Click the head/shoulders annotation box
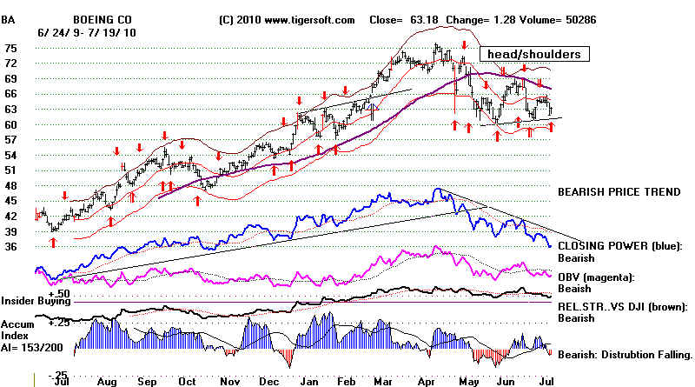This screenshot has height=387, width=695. tap(534, 54)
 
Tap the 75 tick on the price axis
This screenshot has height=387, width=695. tap(10, 49)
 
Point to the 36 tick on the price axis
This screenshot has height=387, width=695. tap(10, 247)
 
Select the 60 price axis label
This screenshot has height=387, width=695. tap(10, 124)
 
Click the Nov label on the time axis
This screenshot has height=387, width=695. tap(229, 382)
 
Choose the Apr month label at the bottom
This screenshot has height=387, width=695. tap(427, 382)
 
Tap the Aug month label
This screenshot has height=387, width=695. tap(107, 382)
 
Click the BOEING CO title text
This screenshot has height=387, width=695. tap(103, 20)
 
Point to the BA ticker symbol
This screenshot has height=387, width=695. tap(8, 20)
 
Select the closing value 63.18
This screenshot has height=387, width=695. tap(424, 20)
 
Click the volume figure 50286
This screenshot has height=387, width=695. tap(580, 20)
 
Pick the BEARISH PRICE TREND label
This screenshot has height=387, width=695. tap(619, 191)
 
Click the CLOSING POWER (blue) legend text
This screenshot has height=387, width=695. tap(620, 246)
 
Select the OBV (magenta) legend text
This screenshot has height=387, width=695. tap(596, 277)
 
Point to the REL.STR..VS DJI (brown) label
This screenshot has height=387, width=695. tap(623, 307)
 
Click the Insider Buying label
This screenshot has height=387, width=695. tap(36, 301)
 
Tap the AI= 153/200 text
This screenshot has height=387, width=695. tap(32, 348)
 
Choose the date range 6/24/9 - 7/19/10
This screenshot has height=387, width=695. tap(87, 33)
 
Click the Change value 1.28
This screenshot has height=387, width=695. tap(507, 20)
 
